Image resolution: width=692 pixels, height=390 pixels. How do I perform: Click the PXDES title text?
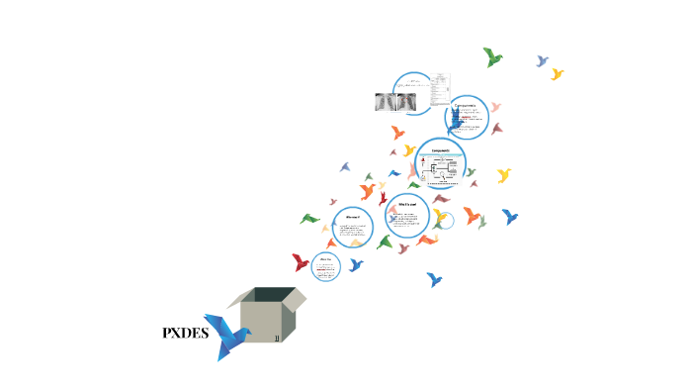pyautogui.click(x=185, y=334)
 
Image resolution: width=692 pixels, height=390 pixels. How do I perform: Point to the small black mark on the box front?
pyautogui.click(x=278, y=338)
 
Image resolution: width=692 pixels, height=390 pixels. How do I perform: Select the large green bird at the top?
pyautogui.click(x=492, y=57)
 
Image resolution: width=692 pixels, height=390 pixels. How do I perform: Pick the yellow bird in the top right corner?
pyautogui.click(x=558, y=74)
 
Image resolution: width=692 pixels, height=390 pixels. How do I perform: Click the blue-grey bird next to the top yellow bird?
pyautogui.click(x=542, y=61)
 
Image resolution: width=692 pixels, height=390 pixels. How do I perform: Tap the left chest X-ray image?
pyautogui.click(x=386, y=101)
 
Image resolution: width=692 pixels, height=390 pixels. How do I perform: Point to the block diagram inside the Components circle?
pyautogui.click(x=441, y=170)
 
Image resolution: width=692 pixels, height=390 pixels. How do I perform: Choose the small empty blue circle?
pyautogui.click(x=445, y=221)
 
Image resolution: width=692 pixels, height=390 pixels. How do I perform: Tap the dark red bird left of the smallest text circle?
pyautogui.click(x=301, y=262)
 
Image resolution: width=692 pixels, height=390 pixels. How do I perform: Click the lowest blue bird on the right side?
pyautogui.click(x=434, y=280)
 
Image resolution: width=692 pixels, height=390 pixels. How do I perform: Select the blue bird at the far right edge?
pyautogui.click(x=510, y=216)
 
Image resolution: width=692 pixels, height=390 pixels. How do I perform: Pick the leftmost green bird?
pyautogui.click(x=309, y=218)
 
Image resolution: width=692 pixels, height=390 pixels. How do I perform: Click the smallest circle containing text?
pyautogui.click(x=325, y=266)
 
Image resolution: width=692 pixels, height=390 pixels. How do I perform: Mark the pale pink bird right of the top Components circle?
pyautogui.click(x=495, y=107)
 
